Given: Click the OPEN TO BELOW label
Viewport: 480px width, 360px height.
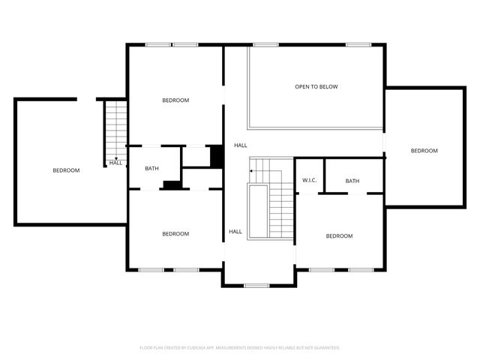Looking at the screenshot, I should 316,87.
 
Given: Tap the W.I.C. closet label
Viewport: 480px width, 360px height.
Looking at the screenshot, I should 310,181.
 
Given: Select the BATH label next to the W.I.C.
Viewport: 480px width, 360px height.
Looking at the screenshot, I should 352,181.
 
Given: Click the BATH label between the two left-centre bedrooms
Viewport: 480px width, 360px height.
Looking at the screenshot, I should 152,169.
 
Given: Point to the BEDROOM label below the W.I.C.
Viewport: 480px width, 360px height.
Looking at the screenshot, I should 339,236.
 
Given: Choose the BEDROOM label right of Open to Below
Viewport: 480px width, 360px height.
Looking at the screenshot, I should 424,151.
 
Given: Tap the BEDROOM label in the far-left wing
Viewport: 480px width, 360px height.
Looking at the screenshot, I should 66,170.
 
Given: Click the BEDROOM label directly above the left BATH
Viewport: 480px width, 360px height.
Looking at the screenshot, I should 175,100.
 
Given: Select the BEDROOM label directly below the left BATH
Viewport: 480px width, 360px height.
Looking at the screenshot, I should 175,234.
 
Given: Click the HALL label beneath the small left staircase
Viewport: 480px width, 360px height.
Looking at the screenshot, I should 115,163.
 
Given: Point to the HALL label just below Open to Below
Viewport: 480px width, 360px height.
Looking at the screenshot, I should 240,145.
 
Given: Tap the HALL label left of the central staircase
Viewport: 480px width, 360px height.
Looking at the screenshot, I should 235,232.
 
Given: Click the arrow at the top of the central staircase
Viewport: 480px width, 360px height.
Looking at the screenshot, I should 253,172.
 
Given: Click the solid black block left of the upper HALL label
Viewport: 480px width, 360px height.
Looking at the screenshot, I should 217,156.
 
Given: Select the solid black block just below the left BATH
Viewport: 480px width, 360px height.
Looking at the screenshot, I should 172,185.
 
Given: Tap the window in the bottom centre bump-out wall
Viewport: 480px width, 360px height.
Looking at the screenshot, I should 256,285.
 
